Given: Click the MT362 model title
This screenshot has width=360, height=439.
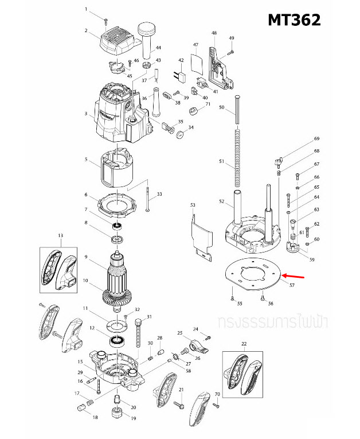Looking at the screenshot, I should point(294,20).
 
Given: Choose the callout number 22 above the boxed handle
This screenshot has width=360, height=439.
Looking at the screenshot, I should point(244,344).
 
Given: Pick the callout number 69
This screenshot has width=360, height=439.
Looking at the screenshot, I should point(316,139).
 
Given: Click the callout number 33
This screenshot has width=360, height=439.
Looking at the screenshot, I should point(159,195).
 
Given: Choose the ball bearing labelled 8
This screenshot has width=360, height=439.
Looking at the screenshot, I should point(118,226).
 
